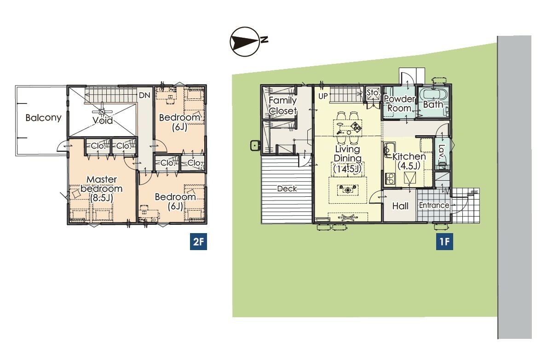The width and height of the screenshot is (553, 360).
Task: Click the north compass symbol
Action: point(248,42)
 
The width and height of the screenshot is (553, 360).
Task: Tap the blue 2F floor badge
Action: point(198,241)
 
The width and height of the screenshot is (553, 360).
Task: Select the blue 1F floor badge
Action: point(444,241)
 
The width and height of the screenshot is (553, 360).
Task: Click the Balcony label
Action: point(43,118)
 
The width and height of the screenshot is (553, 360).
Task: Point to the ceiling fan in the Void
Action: point(102,112)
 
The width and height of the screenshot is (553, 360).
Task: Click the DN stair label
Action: point(144,95)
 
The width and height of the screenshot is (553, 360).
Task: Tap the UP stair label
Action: point(323,96)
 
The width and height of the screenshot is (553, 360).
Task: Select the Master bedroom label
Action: point(102,189)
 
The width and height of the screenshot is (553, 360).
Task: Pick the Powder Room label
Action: point(399,103)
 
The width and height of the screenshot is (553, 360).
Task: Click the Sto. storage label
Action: point(373,92)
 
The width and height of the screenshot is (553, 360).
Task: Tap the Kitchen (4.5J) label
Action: point(409,161)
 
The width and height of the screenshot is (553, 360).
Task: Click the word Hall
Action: point(400,206)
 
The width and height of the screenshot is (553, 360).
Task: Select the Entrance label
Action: point(434,206)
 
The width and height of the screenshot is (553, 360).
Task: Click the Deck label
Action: point(287,189)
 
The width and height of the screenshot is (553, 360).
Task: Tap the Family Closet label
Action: point(282,106)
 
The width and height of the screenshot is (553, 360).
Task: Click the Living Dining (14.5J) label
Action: point(348,159)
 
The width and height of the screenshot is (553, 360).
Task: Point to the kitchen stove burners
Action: point(390,178)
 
